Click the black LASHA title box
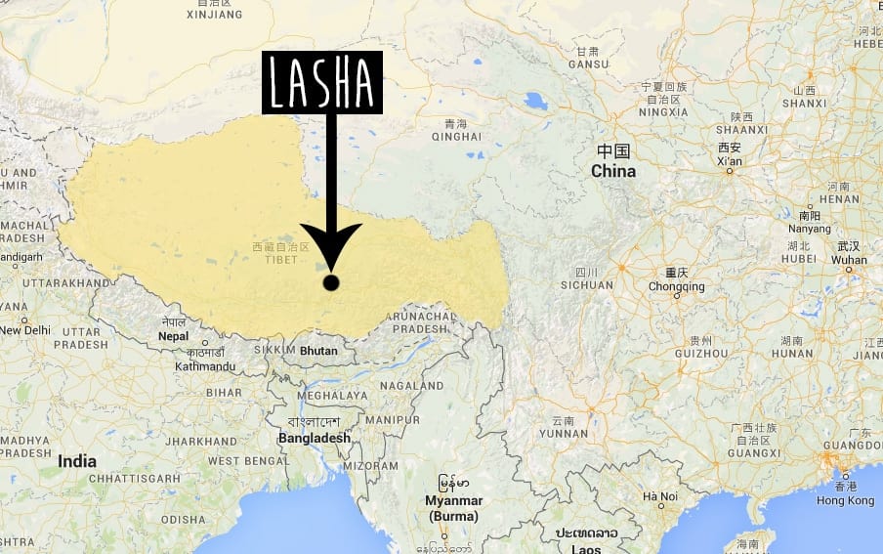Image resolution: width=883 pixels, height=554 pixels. click(x=321, y=83)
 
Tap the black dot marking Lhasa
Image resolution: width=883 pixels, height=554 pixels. click(x=331, y=282)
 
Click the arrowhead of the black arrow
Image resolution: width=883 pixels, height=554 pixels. click(x=331, y=249)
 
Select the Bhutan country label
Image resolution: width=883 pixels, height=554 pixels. click(x=318, y=351)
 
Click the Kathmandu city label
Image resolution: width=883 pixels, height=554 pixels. click(x=205, y=366)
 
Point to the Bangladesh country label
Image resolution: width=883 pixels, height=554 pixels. click(x=314, y=439)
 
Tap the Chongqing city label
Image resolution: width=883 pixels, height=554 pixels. click(x=676, y=287)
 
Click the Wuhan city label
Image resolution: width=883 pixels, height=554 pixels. click(x=849, y=260)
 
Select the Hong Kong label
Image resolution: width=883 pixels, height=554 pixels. click(x=846, y=500)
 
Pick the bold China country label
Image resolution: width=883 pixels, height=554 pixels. click(x=613, y=171)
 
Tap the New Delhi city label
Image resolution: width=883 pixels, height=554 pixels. click(x=24, y=330)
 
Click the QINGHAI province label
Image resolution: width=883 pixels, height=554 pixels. click(x=461, y=138)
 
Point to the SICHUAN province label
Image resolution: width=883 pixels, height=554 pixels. click(x=587, y=285)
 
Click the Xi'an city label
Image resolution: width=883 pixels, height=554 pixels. click(x=729, y=160)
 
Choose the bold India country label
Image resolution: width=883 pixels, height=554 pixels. click(x=77, y=461)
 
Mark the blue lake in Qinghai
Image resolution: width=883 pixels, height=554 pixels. click(x=535, y=101)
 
